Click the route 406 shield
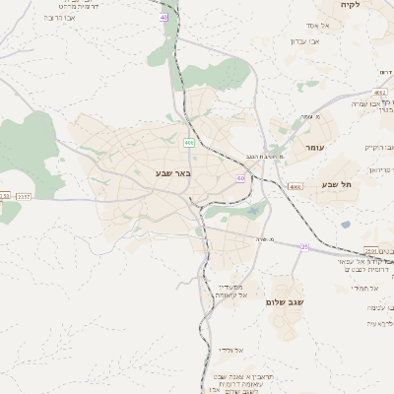click(188, 143)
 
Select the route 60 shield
click(240, 178)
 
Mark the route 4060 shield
click(295, 186)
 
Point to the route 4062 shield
click(380, 93)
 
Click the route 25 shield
click(305, 247)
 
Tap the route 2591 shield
click(371, 250)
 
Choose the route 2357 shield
click(24, 196)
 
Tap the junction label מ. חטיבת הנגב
click(264, 157)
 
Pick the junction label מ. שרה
click(262, 240)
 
